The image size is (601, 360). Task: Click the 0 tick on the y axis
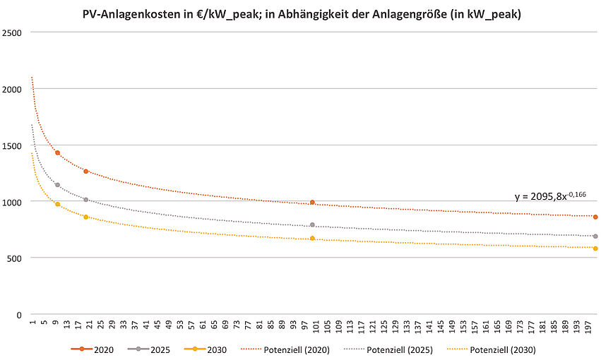tap(18, 315)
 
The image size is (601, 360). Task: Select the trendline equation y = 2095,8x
tap(549, 196)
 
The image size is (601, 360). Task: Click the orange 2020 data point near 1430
tap(57, 153)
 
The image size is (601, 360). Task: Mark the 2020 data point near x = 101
tap(312, 203)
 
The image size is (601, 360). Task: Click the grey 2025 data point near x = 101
tap(312, 225)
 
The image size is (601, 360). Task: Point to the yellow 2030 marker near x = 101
tap(312, 239)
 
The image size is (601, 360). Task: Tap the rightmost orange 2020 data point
tap(595, 217)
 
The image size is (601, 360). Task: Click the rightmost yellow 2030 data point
tap(595, 248)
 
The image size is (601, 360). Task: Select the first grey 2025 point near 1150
tap(57, 185)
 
